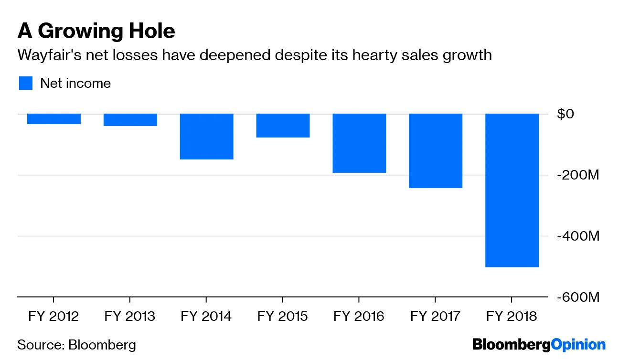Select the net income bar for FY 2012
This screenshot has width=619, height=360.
click(53, 119)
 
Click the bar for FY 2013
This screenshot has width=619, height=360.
click(130, 120)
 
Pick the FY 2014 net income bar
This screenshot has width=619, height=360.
click(206, 137)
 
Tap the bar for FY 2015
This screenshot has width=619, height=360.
click(283, 126)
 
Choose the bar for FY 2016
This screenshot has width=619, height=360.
click(359, 143)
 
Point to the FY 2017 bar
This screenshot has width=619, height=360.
click(436, 151)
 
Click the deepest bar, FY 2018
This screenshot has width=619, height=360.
click(512, 191)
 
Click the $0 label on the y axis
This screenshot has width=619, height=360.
click(566, 114)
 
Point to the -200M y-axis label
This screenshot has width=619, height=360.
click(576, 175)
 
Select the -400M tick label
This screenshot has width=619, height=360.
click(576, 236)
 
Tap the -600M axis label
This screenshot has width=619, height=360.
click(576, 297)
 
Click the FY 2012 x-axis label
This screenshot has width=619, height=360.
click(53, 317)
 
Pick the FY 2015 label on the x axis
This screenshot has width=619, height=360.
click(282, 317)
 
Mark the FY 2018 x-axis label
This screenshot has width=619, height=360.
click(512, 317)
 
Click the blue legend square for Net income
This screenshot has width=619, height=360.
click(26, 83)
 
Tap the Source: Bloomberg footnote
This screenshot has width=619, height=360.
click(76, 345)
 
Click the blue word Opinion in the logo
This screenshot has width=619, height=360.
click(578, 345)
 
